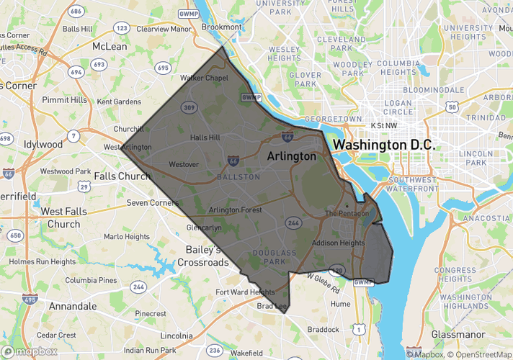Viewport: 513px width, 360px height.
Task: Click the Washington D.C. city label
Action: click(x=384, y=144)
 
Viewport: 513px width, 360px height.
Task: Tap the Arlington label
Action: click(x=291, y=156)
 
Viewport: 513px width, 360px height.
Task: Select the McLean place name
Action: click(x=110, y=46)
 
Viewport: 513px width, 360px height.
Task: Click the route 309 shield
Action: click(x=189, y=107)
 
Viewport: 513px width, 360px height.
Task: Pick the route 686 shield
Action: click(x=76, y=12)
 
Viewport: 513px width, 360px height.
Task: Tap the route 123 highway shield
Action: click(x=121, y=28)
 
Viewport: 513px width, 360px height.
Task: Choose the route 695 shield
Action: click(x=162, y=68)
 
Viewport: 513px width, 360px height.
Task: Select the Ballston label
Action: click(x=238, y=176)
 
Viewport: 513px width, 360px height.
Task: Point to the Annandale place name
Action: click(x=73, y=306)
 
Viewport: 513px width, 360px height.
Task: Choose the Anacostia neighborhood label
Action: click(x=487, y=218)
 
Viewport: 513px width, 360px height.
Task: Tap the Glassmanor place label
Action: click(x=460, y=334)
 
